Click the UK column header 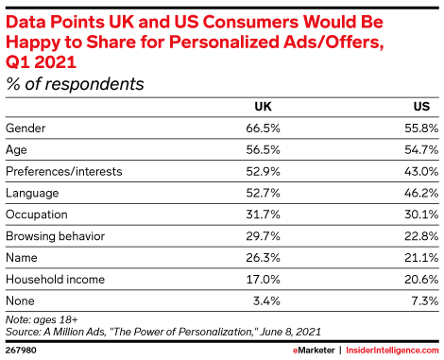pyautogui.click(x=263, y=107)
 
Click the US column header pyautogui.click(x=421, y=107)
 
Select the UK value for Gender pyautogui.click(x=263, y=129)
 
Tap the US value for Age pyautogui.click(x=421, y=149)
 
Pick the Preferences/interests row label pyautogui.click(x=64, y=171)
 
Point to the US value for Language pyautogui.click(x=421, y=193)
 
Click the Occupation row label pyautogui.click(x=37, y=214)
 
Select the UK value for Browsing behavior pyautogui.click(x=263, y=236)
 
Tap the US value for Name pyautogui.click(x=421, y=258)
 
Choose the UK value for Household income pyautogui.click(x=263, y=280)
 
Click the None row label pyautogui.click(x=20, y=300)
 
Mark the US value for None pyautogui.click(x=425, y=300)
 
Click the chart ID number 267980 pyautogui.click(x=21, y=351)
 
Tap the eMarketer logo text pyautogui.click(x=314, y=351)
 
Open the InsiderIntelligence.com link pyautogui.click(x=392, y=351)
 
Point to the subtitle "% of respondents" pyautogui.click(x=75, y=84)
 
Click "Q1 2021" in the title pyautogui.click(x=41, y=61)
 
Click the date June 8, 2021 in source pyautogui.click(x=290, y=332)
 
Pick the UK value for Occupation pyautogui.click(x=263, y=214)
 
